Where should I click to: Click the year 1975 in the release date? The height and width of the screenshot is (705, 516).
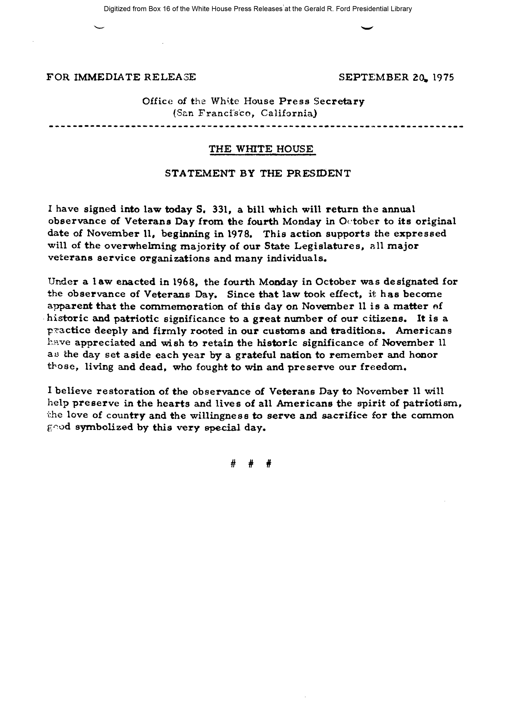click(x=443, y=77)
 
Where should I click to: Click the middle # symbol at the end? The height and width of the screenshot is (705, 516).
click(x=251, y=464)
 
